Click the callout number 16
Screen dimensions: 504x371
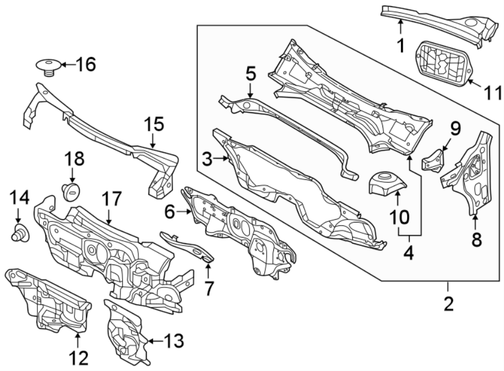click(86, 64)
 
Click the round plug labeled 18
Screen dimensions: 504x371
click(71, 192)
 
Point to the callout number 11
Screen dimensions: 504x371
click(493, 93)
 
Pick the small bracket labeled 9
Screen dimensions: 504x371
click(433, 160)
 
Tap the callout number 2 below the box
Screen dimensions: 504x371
click(449, 304)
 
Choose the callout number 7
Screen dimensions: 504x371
click(209, 288)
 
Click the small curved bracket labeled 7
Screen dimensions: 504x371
click(186, 247)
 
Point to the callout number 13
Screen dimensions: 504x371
click(174, 341)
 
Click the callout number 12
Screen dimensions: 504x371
click(79, 358)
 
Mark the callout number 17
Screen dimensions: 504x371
click(111, 199)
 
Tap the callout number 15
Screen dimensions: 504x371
click(154, 124)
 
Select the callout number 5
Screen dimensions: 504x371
click(251, 73)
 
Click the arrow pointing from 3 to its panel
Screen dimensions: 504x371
click(221, 158)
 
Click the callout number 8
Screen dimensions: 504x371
click(477, 239)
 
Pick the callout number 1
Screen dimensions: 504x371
click(401, 45)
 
